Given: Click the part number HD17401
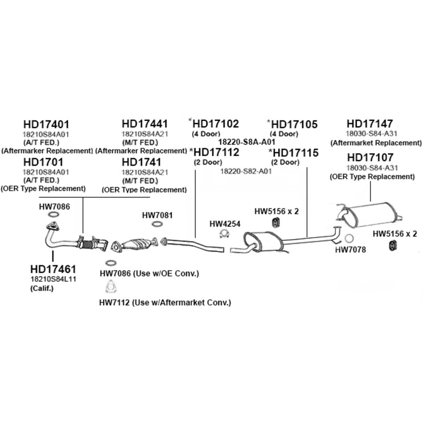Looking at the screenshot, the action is [46, 125].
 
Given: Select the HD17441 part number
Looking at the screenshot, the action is [145, 124].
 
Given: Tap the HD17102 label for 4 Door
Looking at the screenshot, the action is [216, 124].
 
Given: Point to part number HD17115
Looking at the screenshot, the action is [296, 153].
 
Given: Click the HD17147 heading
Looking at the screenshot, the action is [369, 124].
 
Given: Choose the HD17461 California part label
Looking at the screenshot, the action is [53, 269].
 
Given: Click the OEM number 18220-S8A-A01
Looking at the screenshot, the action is [247, 142].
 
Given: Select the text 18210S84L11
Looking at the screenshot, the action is [54, 279].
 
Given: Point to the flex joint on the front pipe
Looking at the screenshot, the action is [86, 244].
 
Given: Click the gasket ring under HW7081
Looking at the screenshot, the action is [157, 224].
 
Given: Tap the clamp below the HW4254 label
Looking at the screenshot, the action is [225, 234].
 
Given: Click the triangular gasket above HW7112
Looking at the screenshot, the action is [110, 287].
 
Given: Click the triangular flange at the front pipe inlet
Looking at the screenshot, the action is [53, 226].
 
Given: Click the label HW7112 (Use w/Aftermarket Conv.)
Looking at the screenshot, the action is [165, 303].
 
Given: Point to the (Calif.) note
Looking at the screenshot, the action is [42, 289].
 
